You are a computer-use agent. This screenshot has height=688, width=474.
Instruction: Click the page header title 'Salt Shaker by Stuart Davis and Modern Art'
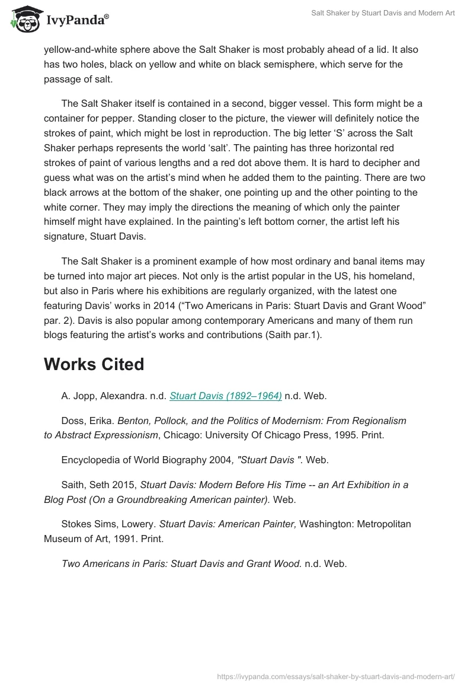(383, 13)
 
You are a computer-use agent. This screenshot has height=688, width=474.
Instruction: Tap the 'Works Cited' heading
(94, 364)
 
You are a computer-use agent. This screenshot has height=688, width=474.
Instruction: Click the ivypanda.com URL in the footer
(336, 675)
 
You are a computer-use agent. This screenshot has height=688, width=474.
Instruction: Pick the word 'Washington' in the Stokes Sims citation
(329, 524)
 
